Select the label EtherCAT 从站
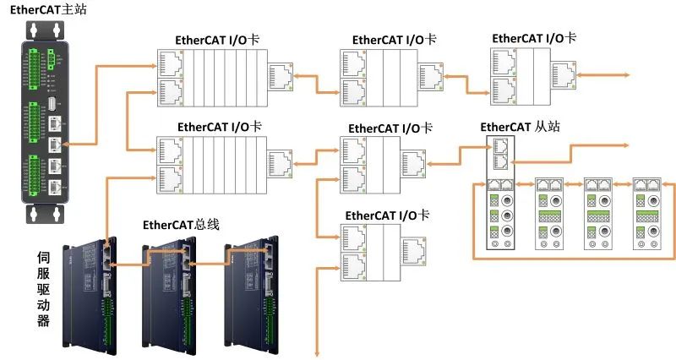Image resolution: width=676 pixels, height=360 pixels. click(518, 128)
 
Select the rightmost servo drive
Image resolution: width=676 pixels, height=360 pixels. click(249, 287)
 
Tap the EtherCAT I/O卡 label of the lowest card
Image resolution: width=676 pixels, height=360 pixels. click(387, 215)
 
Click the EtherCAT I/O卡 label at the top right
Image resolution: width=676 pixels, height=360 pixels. click(533, 38)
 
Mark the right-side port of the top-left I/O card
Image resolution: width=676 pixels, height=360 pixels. click(280, 76)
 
